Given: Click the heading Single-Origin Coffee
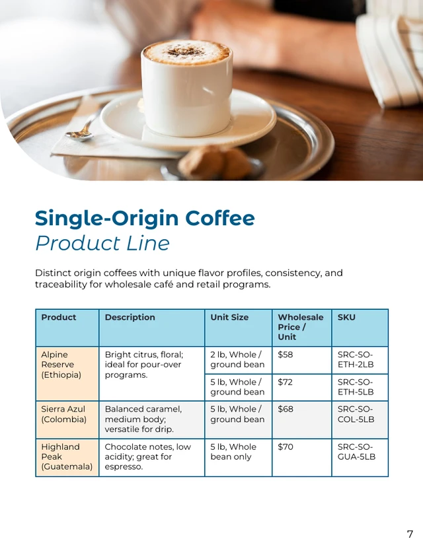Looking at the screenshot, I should coord(145,218).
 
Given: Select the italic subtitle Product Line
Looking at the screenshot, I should coord(102,243).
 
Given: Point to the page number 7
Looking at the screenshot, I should coord(410,534).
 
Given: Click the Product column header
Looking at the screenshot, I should coord(59,318).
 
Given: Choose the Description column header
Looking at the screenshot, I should coord(130,318).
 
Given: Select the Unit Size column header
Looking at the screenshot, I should coord(229,318).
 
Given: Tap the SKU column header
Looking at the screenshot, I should coord(346,318).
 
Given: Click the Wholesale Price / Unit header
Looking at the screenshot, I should coord(300,327).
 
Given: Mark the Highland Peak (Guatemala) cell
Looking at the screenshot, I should coord(67,456).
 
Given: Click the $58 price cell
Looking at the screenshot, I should coord(286,355).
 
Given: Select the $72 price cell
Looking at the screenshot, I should coord(286,383).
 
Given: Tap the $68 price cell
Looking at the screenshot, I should coord(286,410).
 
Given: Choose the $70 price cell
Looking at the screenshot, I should coord(286,447).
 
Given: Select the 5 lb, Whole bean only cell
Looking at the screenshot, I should coord(234,452).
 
